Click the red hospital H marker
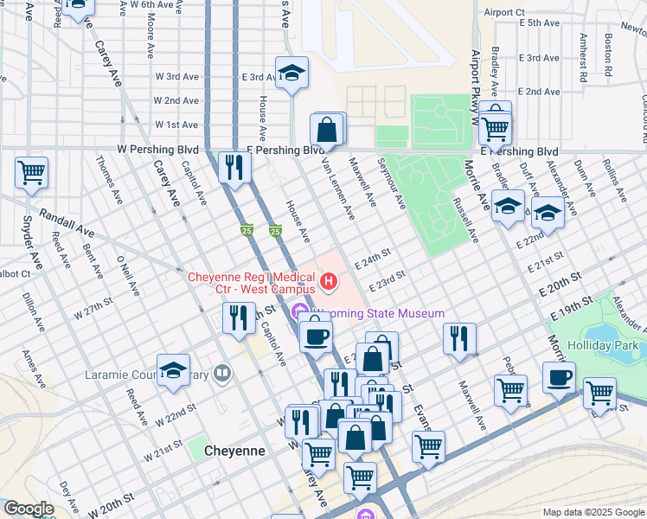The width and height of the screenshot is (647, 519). pyautogui.click(x=329, y=281)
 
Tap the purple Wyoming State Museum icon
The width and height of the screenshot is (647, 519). pyautogui.click(x=301, y=312)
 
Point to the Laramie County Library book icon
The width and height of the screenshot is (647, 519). pyautogui.click(x=223, y=375)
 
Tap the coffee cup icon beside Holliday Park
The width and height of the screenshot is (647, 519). pyautogui.click(x=559, y=377)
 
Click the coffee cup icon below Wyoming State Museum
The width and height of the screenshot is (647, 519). pyautogui.click(x=316, y=333)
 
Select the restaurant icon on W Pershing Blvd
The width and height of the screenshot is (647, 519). pyautogui.click(x=234, y=167)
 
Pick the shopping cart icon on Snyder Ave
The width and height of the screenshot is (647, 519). pyautogui.click(x=31, y=172)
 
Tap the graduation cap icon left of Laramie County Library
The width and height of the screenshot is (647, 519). pyautogui.click(x=173, y=370)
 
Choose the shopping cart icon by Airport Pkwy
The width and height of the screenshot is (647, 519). pyautogui.click(x=495, y=128)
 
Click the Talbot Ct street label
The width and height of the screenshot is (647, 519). pyautogui.click(x=13, y=273)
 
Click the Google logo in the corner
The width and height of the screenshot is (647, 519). pyautogui.click(x=29, y=509)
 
